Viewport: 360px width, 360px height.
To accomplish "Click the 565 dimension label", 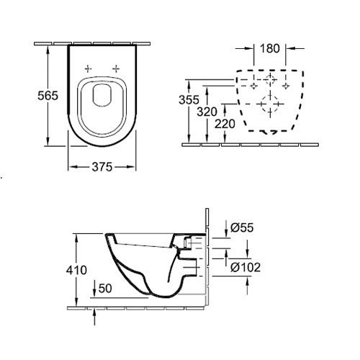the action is pos(48,96).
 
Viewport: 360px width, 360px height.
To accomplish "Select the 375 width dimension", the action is pos(102,167).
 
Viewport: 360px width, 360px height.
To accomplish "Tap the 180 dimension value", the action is pos(270,48).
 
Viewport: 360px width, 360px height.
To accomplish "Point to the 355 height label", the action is pos(189,100).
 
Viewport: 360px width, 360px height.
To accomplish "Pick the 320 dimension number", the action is pos(207,112).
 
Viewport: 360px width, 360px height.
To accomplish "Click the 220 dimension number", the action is pos(225,124).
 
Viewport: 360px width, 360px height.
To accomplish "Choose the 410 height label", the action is pos(76,270).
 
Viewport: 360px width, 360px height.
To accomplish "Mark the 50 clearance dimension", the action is pos(105,288).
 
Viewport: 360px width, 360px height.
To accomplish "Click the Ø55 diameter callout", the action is pos(242,228).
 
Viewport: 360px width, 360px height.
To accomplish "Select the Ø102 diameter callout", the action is pos(246,267).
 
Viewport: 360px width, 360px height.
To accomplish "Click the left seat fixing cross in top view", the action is pos(88,69).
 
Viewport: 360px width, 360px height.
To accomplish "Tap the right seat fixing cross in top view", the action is pos(116,69).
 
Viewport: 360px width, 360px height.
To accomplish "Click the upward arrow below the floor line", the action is pos(94,317).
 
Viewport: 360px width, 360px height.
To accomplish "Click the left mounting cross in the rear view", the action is pos(253,86).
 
